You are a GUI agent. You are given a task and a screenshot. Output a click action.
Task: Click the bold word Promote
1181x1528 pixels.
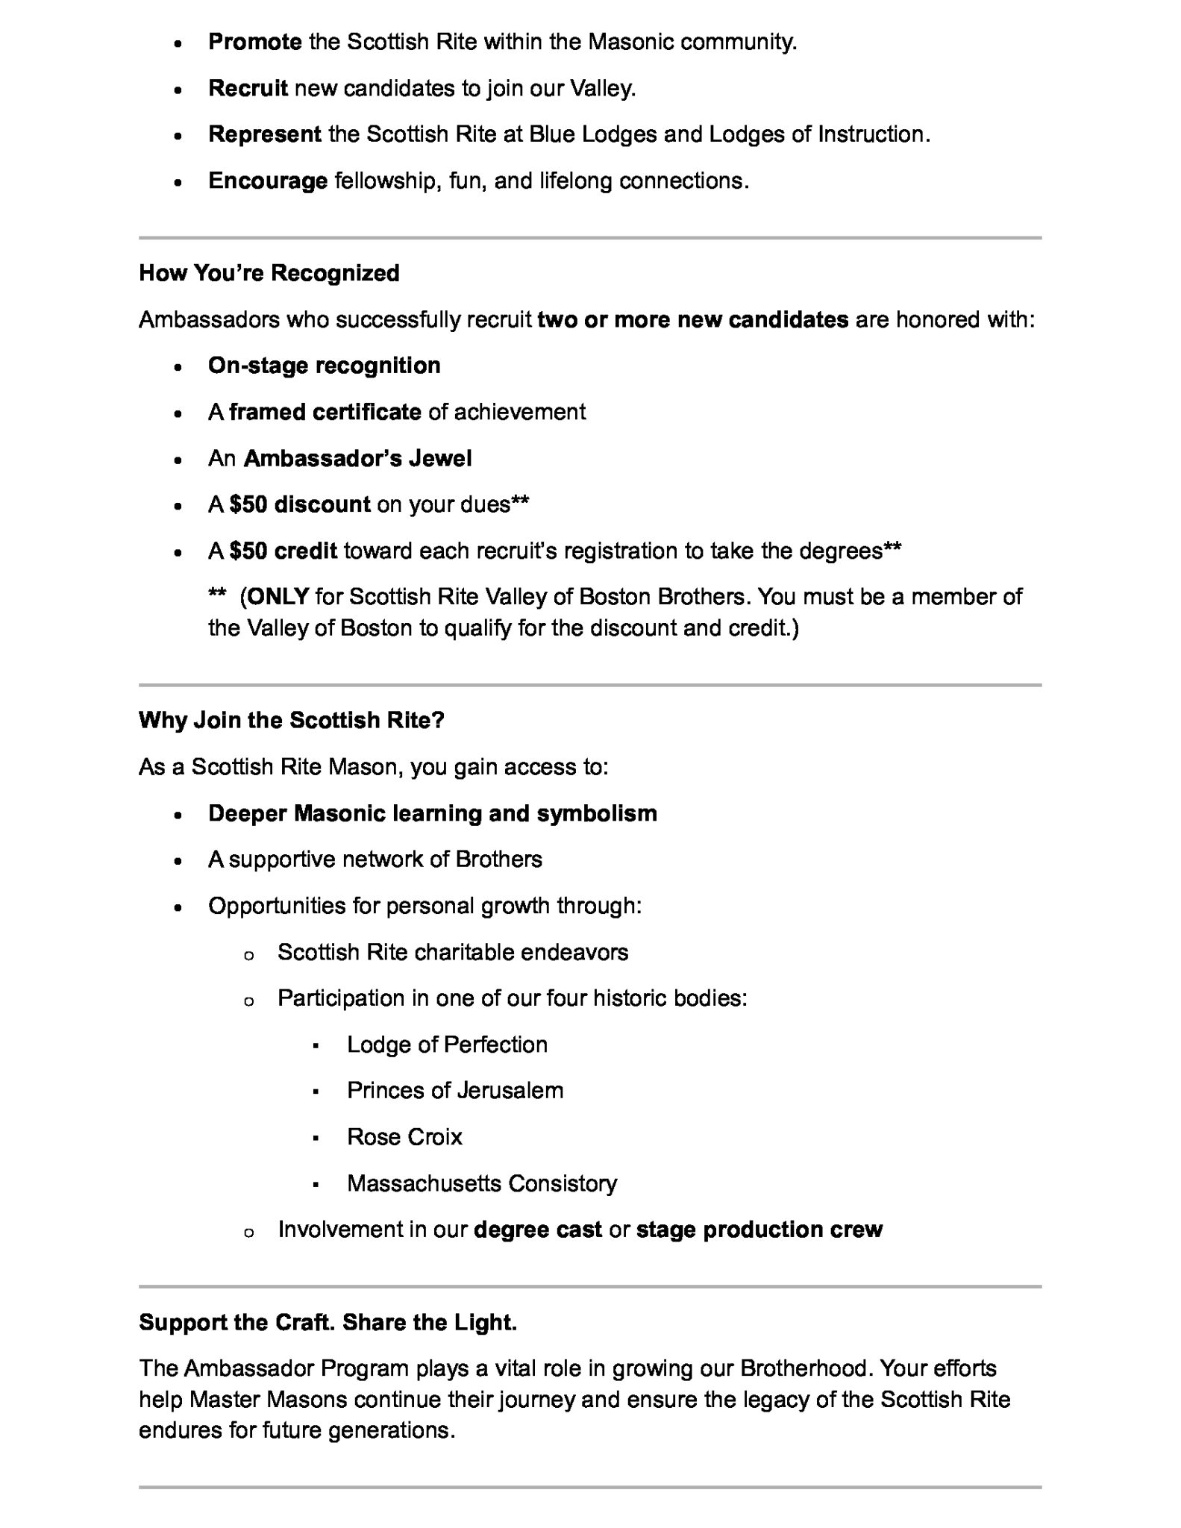[254, 42]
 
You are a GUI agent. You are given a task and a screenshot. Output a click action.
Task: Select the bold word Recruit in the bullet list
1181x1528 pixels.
[248, 88]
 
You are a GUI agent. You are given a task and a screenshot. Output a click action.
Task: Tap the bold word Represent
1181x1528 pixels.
[265, 134]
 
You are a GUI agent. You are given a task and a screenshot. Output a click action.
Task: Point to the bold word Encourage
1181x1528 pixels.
[268, 181]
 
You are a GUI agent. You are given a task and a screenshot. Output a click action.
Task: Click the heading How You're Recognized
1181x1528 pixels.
[269, 273]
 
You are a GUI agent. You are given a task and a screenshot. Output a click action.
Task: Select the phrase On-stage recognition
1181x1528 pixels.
[324, 366]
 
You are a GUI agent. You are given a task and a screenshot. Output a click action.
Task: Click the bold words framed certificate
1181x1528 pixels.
[325, 412]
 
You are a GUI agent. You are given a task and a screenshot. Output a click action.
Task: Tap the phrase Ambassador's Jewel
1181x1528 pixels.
[357, 458]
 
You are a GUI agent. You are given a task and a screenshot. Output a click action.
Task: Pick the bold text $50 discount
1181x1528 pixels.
[300, 504]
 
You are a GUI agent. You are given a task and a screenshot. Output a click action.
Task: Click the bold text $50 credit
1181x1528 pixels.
[283, 551]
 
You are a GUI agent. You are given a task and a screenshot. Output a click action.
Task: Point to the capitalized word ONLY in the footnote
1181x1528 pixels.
[278, 597]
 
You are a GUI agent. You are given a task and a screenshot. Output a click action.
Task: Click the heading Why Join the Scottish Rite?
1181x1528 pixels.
[291, 720]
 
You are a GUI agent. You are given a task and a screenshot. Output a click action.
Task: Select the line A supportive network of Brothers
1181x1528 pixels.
[375, 859]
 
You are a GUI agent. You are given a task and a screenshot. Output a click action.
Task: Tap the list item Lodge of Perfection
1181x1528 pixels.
[447, 1045]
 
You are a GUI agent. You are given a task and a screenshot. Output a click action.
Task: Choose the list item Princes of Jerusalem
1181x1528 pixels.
[455, 1091]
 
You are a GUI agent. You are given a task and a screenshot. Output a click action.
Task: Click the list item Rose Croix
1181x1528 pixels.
[404, 1137]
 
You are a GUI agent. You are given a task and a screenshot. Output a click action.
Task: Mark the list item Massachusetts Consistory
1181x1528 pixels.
[482, 1183]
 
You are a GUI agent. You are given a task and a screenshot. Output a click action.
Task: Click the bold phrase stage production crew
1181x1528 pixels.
[759, 1230]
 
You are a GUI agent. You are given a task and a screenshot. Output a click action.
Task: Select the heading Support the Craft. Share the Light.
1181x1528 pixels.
[328, 1323]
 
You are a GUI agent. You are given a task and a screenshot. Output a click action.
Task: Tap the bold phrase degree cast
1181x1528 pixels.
[537, 1230]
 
